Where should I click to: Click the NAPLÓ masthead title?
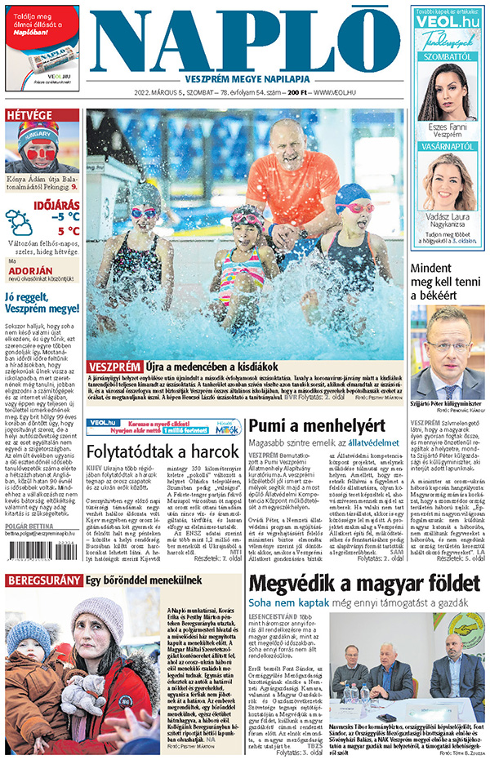click(x=245, y=41)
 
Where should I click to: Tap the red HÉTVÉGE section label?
click(x=29, y=115)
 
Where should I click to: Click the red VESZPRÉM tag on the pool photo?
click(x=114, y=367)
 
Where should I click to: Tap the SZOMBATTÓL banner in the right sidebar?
click(x=447, y=56)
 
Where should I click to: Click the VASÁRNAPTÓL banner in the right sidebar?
click(x=447, y=145)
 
